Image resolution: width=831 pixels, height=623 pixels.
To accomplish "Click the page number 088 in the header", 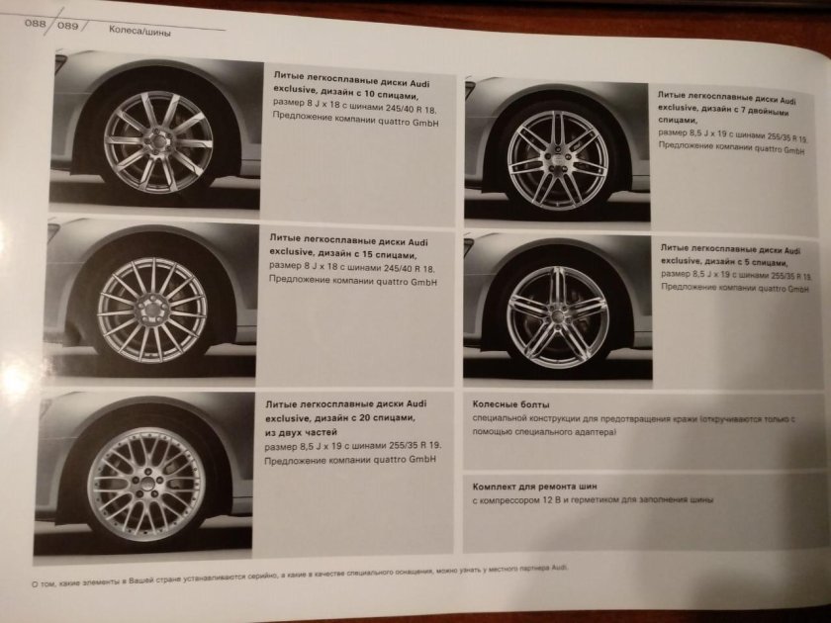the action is pyautogui.click(x=36, y=24).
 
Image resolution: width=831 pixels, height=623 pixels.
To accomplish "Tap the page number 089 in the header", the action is pyautogui.click(x=68, y=26).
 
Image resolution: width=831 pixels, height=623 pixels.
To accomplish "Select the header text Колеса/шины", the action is pyautogui.click(x=139, y=31).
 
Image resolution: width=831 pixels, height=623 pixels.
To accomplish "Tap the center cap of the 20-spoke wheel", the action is pyautogui.click(x=145, y=484).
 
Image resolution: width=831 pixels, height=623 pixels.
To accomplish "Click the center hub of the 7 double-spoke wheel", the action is pyautogui.click(x=558, y=159).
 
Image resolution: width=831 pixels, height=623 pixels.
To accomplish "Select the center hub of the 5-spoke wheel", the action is pyautogui.click(x=557, y=316).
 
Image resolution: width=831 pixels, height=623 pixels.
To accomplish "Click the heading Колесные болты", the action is pyautogui.click(x=510, y=404).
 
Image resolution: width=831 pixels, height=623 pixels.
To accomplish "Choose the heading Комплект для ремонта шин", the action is pyautogui.click(x=535, y=487).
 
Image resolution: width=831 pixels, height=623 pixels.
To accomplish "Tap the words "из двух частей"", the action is pyautogui.click(x=301, y=432).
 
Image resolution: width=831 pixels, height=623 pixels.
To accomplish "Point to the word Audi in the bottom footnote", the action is pyautogui.click(x=559, y=568).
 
